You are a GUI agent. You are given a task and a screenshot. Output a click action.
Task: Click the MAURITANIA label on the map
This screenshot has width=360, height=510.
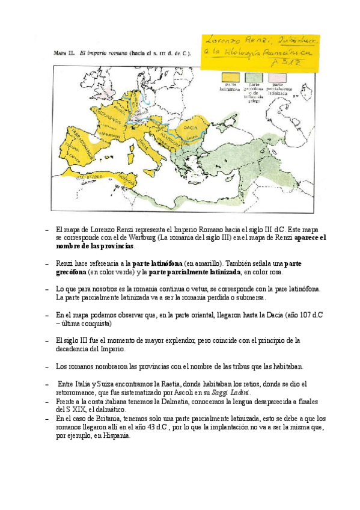pos(86,177)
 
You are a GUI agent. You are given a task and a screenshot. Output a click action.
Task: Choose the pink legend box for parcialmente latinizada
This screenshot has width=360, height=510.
pos(277,78)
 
